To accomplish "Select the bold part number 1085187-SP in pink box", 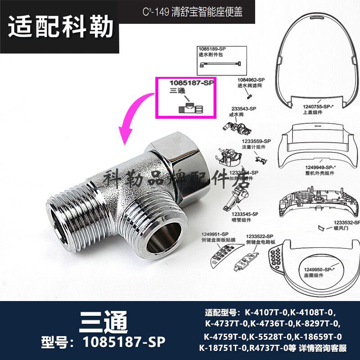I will pyautogui.click(x=190, y=83).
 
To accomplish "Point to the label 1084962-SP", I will pyautogui.click(x=251, y=80).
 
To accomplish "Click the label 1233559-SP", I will pyautogui.click(x=256, y=141).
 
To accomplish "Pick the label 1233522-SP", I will pyautogui.click(x=260, y=236).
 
